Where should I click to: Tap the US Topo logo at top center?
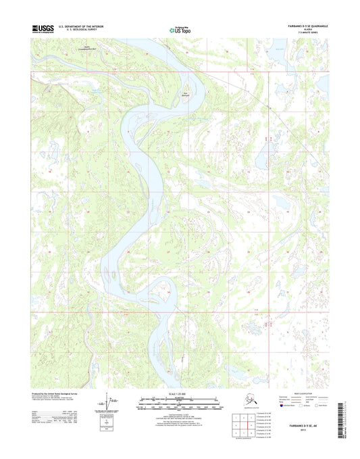[x=179, y=29]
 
